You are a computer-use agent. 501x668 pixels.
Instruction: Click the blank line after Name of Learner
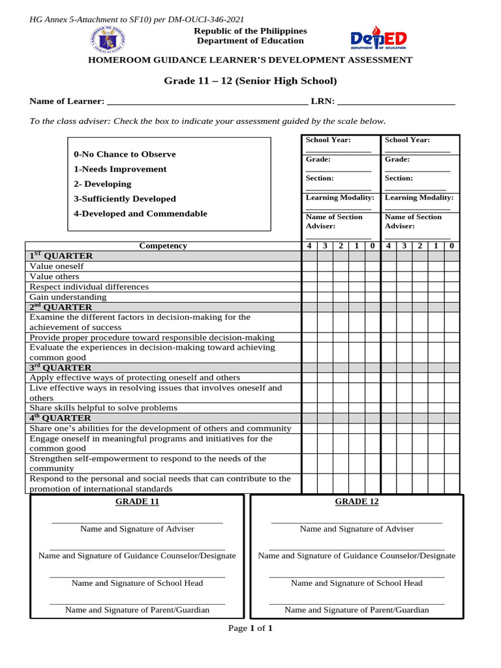[206, 102]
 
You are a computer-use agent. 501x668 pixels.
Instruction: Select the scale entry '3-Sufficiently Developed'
[125, 199]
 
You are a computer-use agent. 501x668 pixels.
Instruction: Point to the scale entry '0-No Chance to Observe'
[125, 155]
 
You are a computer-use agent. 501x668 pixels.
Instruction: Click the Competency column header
[163, 246]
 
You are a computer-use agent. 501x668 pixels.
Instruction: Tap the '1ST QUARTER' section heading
[61, 256]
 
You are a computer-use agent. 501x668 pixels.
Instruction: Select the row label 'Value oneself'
[57, 266]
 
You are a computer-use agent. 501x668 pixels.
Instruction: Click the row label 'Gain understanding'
[68, 297]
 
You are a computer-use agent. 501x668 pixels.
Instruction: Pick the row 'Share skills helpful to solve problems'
[103, 408]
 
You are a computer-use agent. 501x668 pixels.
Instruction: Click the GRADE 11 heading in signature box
[137, 502]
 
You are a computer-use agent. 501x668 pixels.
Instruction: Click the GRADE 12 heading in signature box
[357, 502]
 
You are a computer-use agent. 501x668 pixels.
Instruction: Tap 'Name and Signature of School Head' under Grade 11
[137, 583]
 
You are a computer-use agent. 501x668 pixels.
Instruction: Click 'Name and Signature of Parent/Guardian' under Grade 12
[357, 610]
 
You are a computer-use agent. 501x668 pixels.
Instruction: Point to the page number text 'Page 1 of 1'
[250, 628]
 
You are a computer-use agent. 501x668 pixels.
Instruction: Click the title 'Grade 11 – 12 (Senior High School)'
[250, 81]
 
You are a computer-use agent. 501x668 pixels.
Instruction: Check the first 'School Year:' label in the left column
[328, 140]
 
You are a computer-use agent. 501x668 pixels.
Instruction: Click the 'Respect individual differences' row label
[89, 286]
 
